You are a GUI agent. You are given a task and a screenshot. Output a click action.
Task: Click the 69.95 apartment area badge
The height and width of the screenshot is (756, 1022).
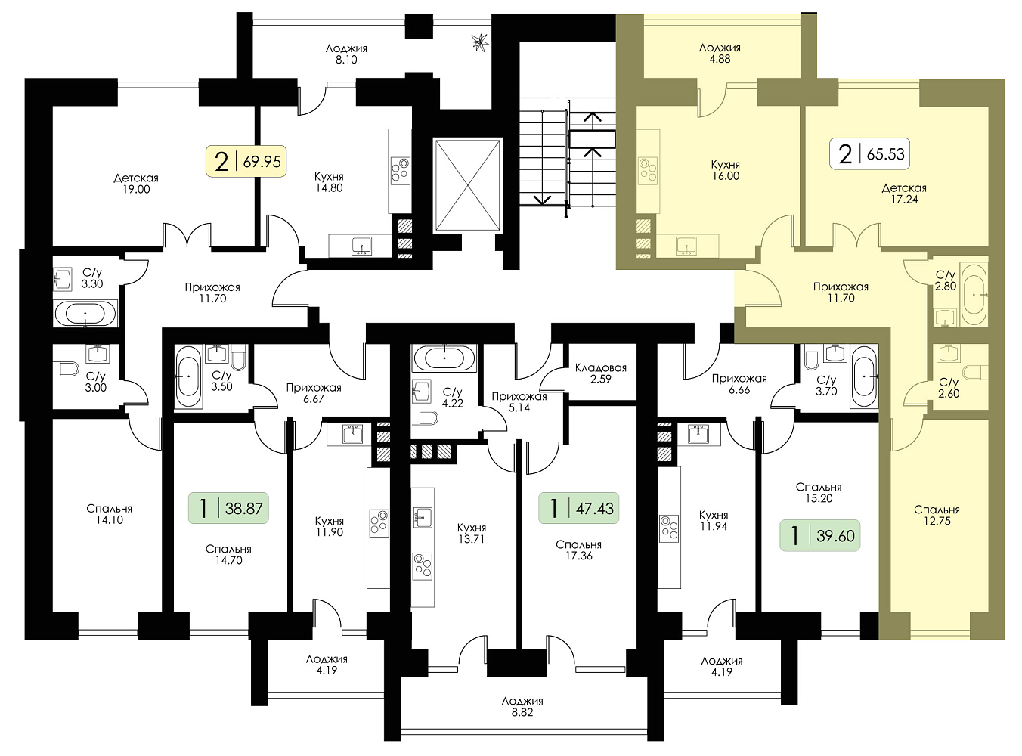coord(246,161)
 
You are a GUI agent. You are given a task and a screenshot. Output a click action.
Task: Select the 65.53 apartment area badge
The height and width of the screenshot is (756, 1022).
coord(869,153)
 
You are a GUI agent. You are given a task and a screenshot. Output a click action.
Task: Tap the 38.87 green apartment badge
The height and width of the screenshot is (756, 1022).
coord(228,508)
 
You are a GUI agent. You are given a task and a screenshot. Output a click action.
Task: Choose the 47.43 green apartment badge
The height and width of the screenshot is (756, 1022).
coord(579,508)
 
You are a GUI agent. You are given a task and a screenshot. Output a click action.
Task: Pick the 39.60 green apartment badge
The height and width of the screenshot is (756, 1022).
coord(819,535)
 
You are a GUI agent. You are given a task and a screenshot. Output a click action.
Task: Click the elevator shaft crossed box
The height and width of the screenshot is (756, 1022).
coord(468,184)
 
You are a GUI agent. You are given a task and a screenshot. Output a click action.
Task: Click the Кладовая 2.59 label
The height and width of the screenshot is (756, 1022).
coord(601,373)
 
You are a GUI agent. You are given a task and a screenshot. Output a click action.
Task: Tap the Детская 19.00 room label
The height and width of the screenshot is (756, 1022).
coord(136,184)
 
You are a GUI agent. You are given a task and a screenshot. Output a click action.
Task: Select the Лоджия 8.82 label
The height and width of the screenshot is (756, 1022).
coord(522,706)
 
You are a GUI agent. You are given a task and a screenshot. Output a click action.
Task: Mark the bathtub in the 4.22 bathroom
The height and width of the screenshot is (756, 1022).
coord(444,358)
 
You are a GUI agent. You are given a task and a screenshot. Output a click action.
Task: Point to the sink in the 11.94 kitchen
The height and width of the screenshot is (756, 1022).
coord(698,434)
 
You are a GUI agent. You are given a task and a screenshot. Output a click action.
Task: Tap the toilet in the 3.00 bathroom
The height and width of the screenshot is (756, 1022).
coord(67,369)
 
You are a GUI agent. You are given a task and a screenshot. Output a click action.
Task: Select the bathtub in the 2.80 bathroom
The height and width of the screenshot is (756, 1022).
coord(974,293)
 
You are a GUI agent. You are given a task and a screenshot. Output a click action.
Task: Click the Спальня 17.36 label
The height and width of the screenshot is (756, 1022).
coord(579,550)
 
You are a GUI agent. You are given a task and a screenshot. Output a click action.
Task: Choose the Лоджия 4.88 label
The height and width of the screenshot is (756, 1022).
coord(720,53)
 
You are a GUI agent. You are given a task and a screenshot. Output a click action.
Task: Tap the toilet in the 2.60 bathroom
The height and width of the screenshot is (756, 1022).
coord(975,372)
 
